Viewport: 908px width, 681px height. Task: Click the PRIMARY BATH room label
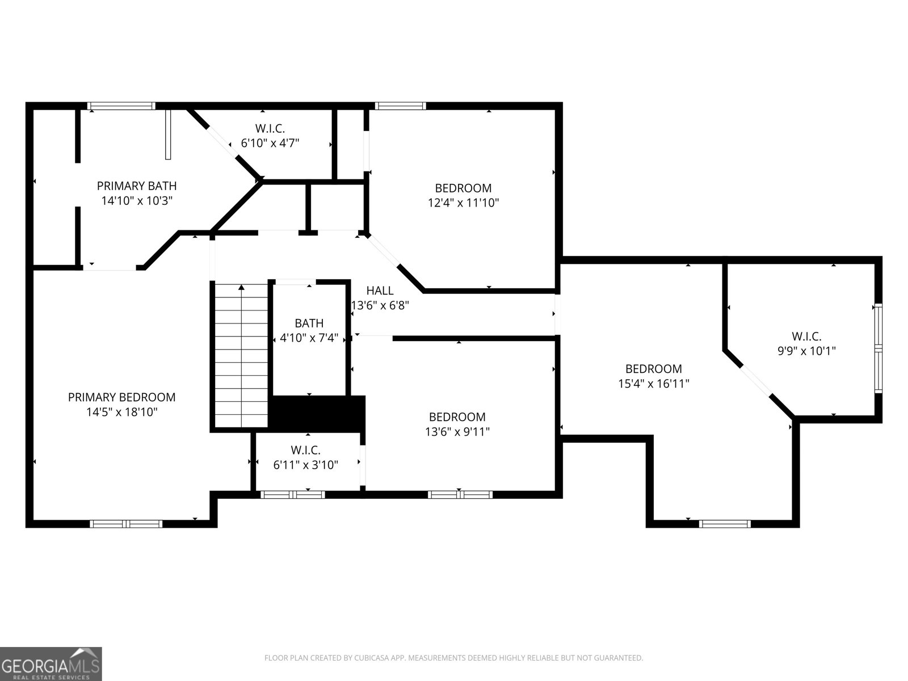click(x=137, y=186)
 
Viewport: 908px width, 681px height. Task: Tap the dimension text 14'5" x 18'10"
click(x=121, y=412)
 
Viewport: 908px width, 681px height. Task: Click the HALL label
click(x=380, y=291)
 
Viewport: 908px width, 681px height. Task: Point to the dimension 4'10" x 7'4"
click(x=309, y=338)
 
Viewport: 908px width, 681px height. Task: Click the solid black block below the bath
click(x=317, y=414)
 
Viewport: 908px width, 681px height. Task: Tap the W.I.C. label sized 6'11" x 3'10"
click(x=305, y=450)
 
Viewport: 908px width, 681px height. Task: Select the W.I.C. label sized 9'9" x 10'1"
click(x=806, y=336)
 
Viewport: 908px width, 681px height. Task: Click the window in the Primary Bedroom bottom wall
click(x=128, y=524)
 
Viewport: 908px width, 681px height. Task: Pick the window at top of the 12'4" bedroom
click(x=400, y=106)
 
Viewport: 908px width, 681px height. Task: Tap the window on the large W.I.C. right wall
click(x=878, y=348)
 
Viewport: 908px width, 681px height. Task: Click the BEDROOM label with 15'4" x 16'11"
click(x=653, y=369)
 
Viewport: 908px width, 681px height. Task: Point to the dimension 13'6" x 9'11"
click(x=457, y=432)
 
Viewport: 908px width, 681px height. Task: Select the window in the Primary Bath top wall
click(x=121, y=106)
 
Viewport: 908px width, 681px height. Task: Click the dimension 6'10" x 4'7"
click(x=270, y=143)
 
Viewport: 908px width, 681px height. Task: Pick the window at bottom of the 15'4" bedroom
click(x=725, y=524)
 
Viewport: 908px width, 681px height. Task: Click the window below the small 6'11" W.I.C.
click(x=293, y=495)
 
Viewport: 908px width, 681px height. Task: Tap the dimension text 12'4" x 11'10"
click(x=463, y=203)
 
